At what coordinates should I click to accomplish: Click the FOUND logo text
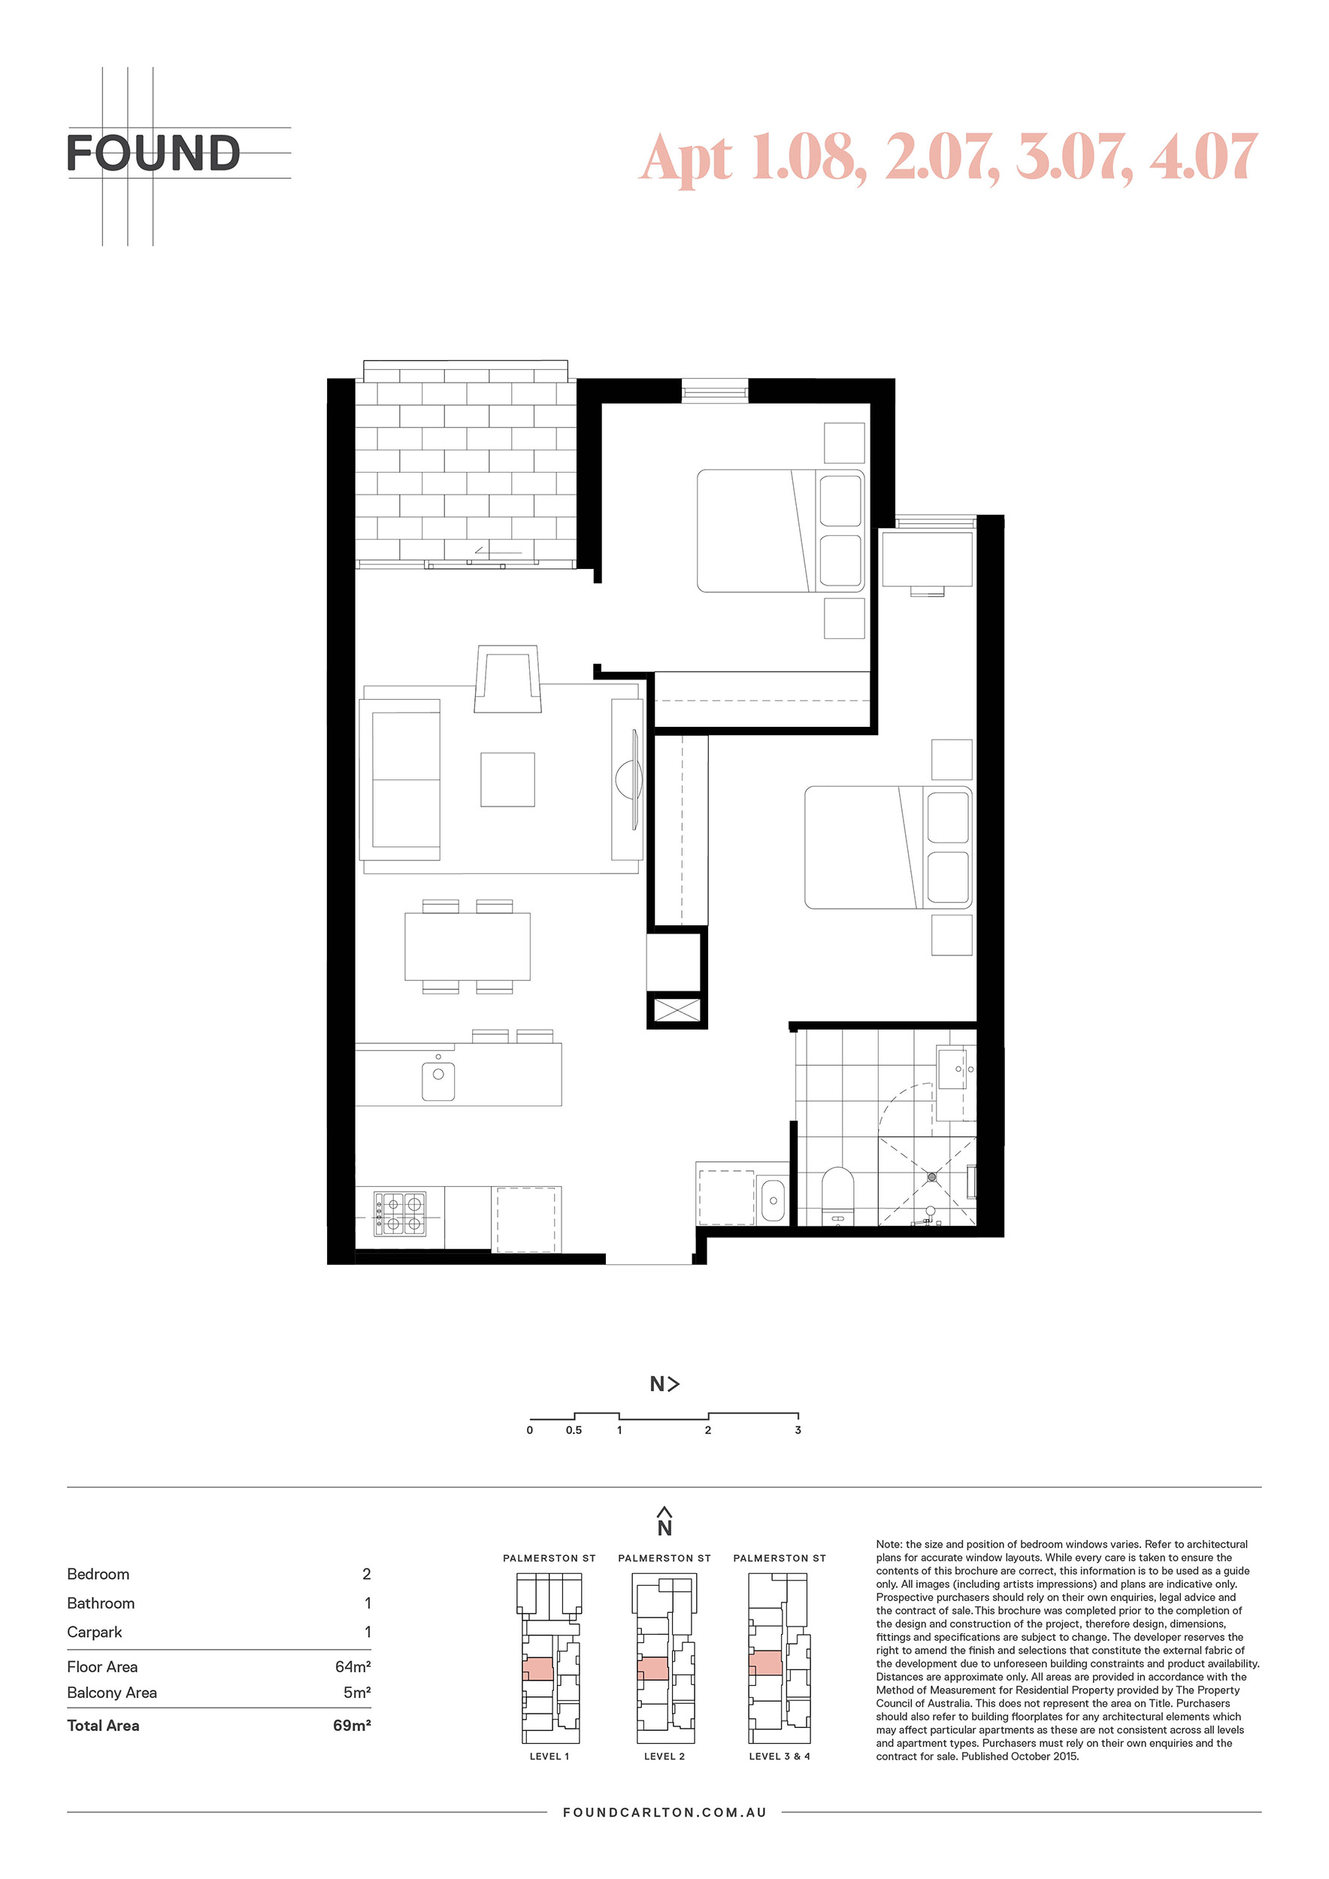click(x=153, y=153)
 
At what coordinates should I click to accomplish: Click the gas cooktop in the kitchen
click(x=400, y=1214)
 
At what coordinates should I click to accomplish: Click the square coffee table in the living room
click(x=507, y=780)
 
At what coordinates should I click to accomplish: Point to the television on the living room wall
click(x=633, y=780)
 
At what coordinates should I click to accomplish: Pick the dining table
click(x=468, y=947)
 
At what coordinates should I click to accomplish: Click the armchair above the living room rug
click(x=507, y=679)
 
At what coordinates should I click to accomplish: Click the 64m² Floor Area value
click(x=353, y=1666)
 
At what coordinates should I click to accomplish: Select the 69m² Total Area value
click(x=352, y=1725)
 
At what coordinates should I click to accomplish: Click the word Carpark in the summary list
click(x=94, y=1632)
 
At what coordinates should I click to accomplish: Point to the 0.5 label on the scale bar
click(x=574, y=1430)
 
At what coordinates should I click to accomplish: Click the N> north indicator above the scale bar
click(x=664, y=1384)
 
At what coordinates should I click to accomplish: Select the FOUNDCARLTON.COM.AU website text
click(x=664, y=1813)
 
